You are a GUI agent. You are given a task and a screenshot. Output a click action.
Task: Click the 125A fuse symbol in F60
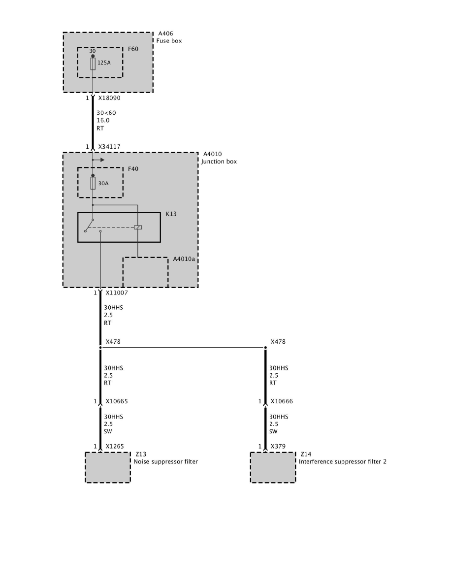pos(93,64)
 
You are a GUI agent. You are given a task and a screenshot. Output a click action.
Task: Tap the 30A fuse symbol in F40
pos(93,183)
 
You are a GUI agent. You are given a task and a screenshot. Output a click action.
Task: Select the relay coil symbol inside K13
pos(138,227)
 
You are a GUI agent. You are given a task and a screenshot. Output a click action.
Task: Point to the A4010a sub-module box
pos(145,272)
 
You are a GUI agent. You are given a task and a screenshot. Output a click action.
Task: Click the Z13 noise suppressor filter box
pos(108,467)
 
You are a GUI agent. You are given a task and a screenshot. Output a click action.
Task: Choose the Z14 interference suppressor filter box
pos(273,467)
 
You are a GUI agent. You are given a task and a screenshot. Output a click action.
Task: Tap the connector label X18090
pos(109,98)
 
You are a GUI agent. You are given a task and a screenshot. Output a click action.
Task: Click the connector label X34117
pos(109,147)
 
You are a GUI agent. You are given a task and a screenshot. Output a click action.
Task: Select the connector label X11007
pos(117,293)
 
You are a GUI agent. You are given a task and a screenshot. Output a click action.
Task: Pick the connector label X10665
pos(117,401)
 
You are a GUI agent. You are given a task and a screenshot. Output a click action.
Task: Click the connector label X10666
pos(282,401)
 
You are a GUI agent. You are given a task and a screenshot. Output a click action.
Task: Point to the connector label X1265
pos(115,447)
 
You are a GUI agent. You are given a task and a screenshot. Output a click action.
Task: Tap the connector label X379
pos(278,447)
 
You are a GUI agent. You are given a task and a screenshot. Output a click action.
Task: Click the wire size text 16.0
pos(103,120)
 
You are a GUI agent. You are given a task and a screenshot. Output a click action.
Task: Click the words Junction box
pos(219,162)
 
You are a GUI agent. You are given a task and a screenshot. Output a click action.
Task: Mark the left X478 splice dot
pos(100,348)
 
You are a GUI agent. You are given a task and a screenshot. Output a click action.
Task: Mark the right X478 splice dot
pos(265,348)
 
